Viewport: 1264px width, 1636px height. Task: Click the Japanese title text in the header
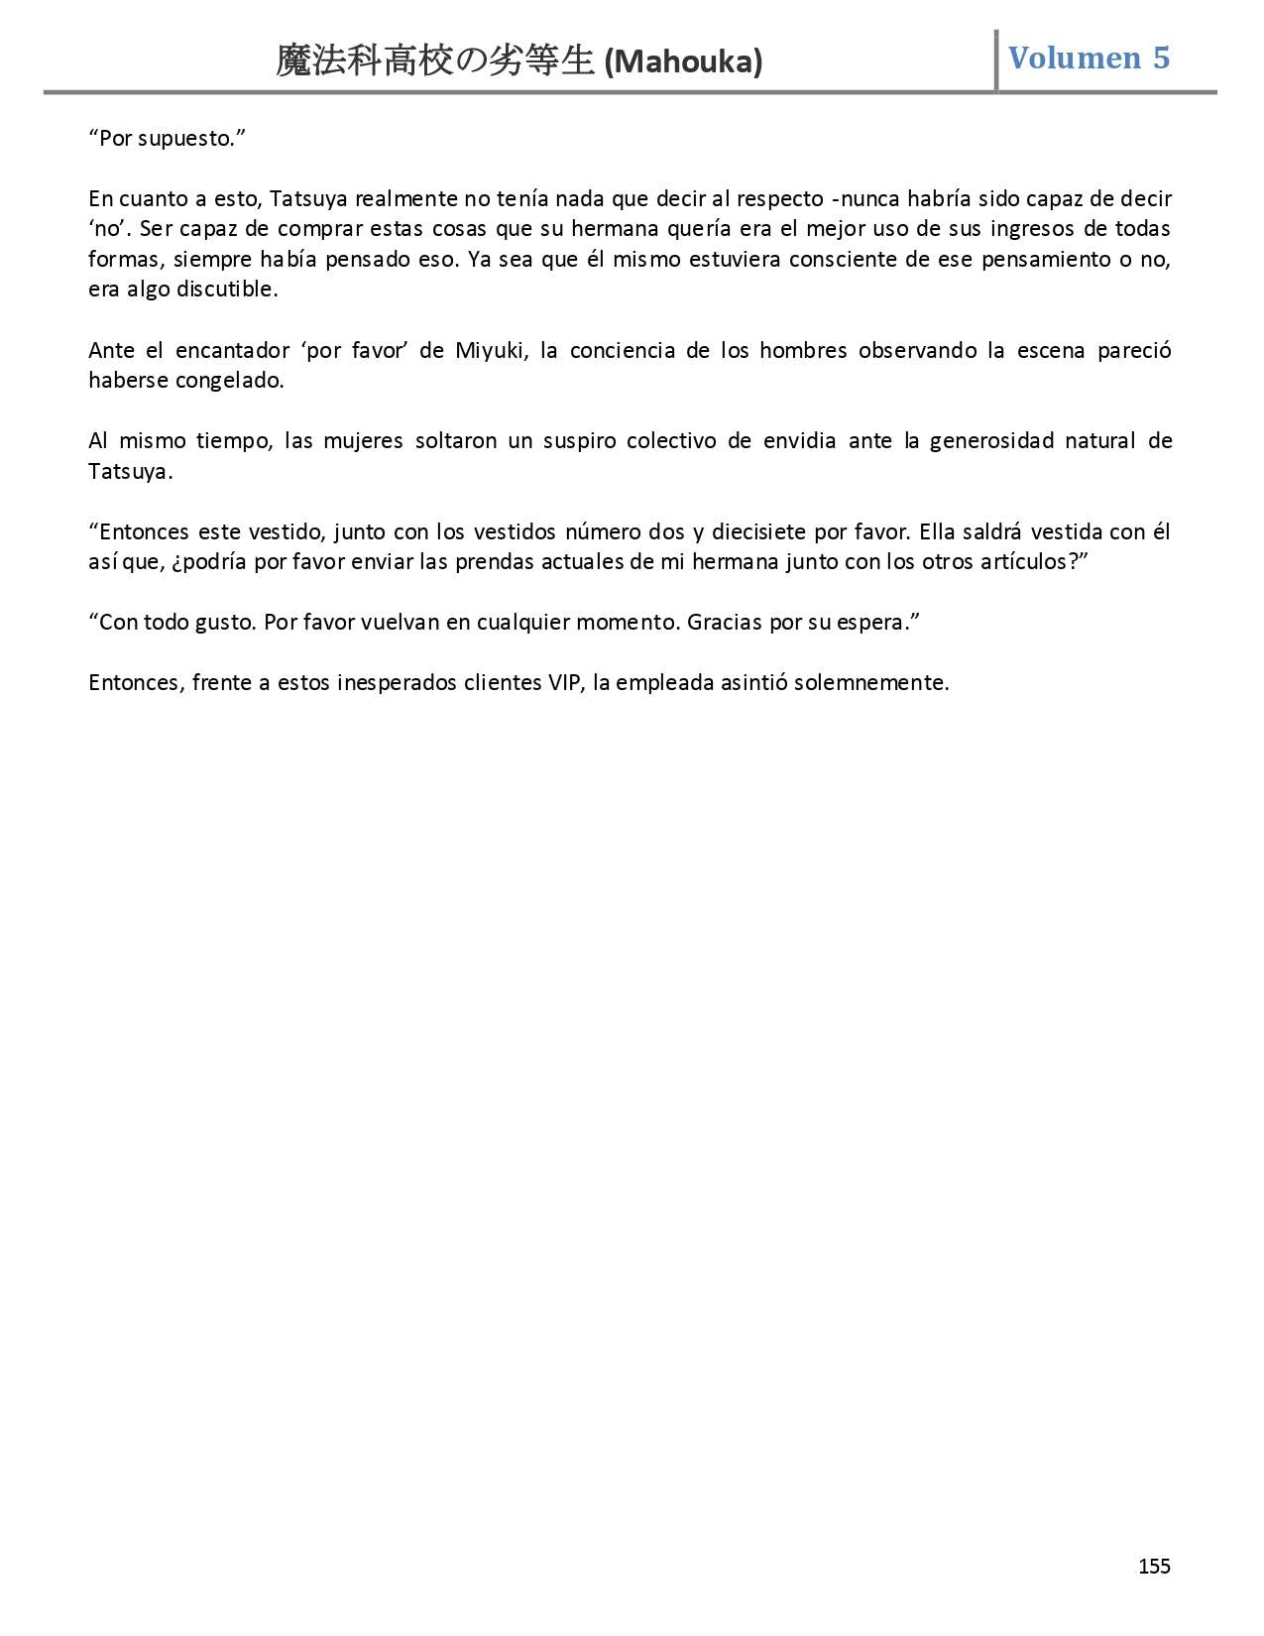[436, 61]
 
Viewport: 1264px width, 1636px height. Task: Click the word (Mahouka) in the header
[683, 62]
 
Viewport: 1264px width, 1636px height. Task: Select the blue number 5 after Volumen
[1161, 58]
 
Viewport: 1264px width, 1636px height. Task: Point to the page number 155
[1154, 1566]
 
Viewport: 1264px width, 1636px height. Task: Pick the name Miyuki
[491, 350]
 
